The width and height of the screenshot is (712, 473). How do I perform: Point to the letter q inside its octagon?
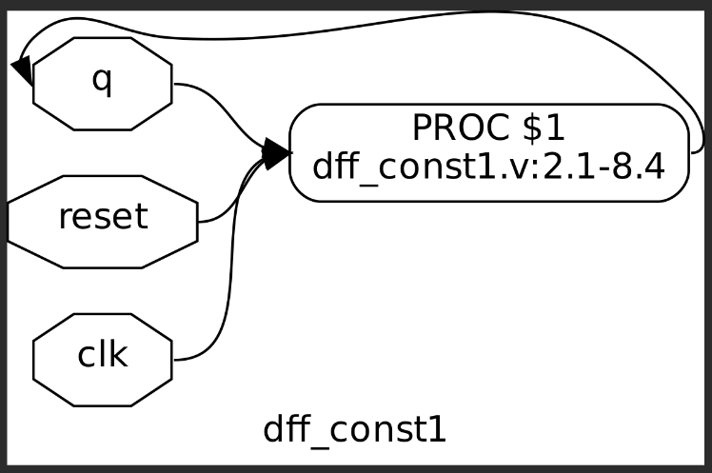[x=102, y=82]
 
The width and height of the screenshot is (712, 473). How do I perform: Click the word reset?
[x=103, y=217]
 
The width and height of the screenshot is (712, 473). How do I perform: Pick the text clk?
[x=103, y=355]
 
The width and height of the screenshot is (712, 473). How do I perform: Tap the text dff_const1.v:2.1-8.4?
[x=488, y=169]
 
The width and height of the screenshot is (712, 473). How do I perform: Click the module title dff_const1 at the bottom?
[x=355, y=430]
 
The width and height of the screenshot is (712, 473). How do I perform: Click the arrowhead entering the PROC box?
[x=277, y=152]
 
